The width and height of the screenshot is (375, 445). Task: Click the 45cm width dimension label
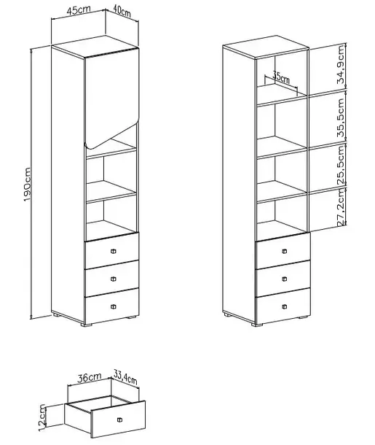click(x=79, y=10)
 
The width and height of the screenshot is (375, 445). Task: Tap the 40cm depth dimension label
click(x=122, y=12)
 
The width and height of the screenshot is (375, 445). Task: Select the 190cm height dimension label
click(x=28, y=185)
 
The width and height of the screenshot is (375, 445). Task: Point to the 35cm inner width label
click(x=281, y=77)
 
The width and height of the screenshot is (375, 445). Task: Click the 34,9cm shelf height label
click(x=341, y=65)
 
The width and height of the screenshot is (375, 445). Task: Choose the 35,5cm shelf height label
click(x=341, y=117)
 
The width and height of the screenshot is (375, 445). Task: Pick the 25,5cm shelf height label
click(x=341, y=165)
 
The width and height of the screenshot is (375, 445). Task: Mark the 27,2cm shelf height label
click(x=342, y=207)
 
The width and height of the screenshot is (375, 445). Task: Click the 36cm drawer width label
click(x=90, y=377)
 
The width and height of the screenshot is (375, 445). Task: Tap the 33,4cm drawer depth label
click(x=125, y=377)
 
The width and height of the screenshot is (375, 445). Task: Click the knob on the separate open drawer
click(x=119, y=419)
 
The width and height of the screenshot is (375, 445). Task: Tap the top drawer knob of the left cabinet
click(x=114, y=251)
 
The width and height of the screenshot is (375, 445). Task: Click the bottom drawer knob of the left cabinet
click(x=114, y=306)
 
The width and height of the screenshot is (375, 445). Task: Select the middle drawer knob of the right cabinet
click(x=285, y=279)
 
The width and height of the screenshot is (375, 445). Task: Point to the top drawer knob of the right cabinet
click(x=285, y=251)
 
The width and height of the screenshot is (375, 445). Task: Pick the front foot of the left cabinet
click(x=86, y=325)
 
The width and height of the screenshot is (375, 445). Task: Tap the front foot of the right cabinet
click(x=257, y=325)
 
